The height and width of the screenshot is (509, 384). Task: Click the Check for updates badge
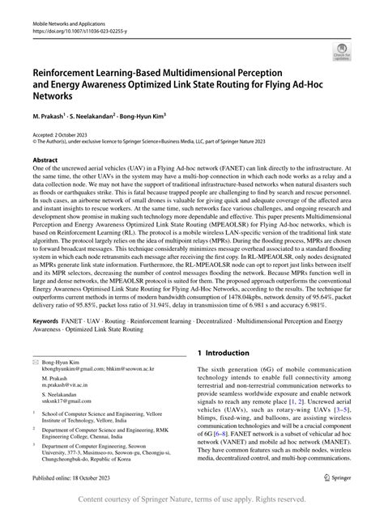(341, 54)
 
